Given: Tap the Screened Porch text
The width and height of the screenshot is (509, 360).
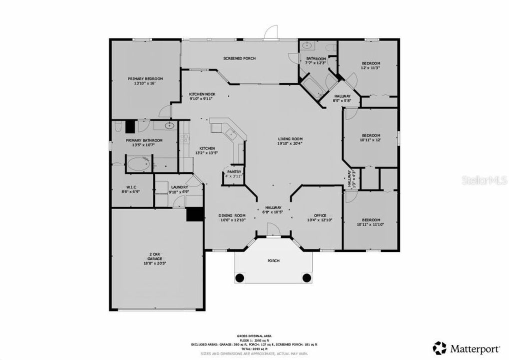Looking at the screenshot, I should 239,58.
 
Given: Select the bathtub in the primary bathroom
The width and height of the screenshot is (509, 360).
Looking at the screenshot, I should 138,163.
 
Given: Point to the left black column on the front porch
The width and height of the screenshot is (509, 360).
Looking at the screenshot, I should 239,277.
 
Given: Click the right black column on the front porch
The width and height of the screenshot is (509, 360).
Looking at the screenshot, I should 306,277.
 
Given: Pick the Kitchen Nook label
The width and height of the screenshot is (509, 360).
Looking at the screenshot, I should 202,94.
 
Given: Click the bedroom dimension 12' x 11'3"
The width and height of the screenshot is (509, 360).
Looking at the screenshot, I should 370,68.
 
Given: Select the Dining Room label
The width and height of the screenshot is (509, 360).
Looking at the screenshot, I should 231,215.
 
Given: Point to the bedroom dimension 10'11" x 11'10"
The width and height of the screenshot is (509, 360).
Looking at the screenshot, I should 370,225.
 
